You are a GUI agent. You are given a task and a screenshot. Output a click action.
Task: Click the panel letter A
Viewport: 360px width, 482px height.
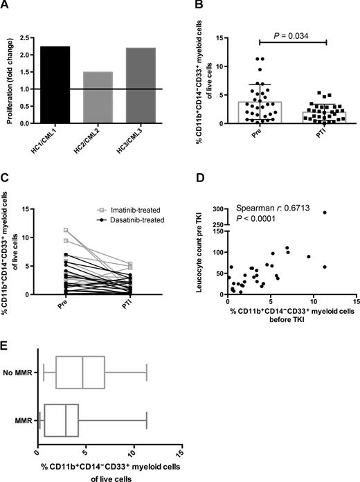tap(5, 6)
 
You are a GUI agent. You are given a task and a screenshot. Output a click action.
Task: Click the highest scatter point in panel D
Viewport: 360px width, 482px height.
tap(324, 213)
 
